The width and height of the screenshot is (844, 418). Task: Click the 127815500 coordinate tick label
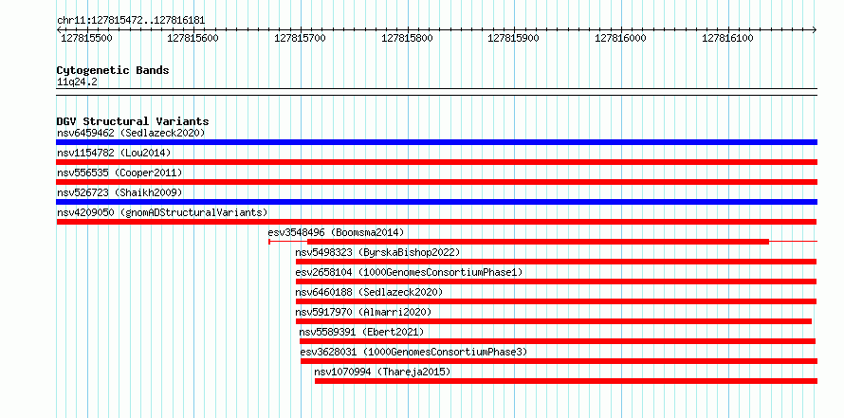click(x=86, y=38)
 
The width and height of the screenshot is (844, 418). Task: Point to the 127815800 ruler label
click(x=407, y=38)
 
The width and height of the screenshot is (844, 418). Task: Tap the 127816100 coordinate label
click(x=727, y=38)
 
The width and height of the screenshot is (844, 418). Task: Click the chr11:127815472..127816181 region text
click(x=131, y=21)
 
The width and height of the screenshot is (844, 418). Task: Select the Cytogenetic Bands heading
click(x=113, y=70)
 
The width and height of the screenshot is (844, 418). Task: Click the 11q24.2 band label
click(x=77, y=82)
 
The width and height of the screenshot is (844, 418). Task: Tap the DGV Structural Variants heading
click(x=133, y=121)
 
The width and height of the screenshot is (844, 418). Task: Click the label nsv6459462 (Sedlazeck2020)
click(x=131, y=133)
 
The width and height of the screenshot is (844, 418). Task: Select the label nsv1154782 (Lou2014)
click(x=114, y=153)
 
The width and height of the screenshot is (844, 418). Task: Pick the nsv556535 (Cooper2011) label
click(x=119, y=173)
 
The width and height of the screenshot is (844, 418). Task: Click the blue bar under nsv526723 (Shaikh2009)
click(x=436, y=202)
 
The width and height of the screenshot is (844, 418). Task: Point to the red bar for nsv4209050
click(x=436, y=222)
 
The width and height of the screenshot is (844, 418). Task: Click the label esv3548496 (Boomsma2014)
click(x=336, y=232)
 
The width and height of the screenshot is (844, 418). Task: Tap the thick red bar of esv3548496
click(x=538, y=242)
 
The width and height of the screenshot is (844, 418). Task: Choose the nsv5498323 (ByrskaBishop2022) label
click(x=377, y=252)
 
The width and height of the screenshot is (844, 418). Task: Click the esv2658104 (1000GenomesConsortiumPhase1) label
click(x=409, y=272)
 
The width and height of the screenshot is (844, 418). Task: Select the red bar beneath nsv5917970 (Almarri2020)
click(x=553, y=321)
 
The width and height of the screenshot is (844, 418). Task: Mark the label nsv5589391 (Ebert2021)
click(x=361, y=332)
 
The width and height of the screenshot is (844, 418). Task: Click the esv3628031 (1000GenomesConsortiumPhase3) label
click(x=413, y=352)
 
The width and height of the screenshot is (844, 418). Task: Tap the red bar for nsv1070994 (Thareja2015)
click(x=566, y=381)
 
